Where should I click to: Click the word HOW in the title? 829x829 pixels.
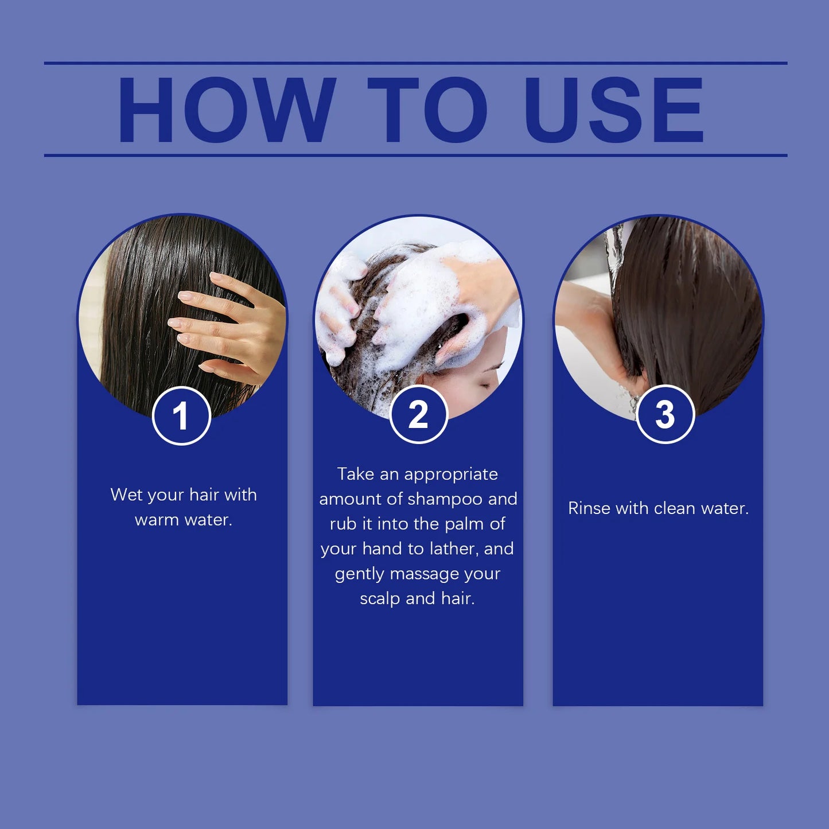[x=226, y=110]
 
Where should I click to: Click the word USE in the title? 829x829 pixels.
[x=613, y=110]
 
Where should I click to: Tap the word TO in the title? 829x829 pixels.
[x=427, y=110]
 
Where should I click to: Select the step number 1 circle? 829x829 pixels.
[x=181, y=416]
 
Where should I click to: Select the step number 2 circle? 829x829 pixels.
[x=418, y=415]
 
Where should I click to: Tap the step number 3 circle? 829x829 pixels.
[x=665, y=415]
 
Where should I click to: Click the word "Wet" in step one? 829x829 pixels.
[x=126, y=495]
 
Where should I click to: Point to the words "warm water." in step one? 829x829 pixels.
[x=184, y=520]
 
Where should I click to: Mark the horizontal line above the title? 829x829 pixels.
[x=415, y=63]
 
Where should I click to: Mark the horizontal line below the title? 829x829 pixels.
[x=415, y=155]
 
